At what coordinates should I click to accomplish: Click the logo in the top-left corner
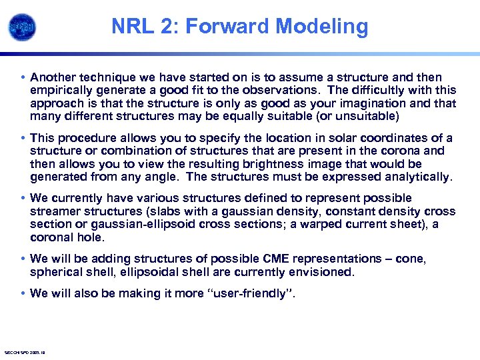point(22,27)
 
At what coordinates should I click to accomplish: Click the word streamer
point(56,211)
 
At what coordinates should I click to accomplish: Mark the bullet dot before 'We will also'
point(23,293)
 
